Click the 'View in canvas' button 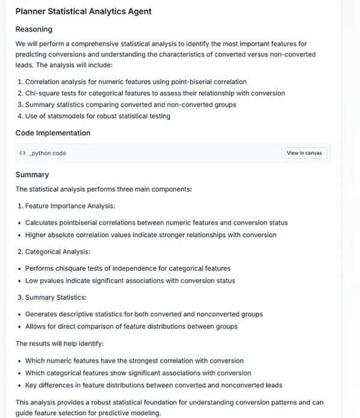click(x=304, y=153)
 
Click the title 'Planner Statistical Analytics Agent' click(x=83, y=11)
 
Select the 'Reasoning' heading click(x=34, y=29)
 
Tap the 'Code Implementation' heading click(x=53, y=133)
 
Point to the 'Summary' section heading click(x=32, y=175)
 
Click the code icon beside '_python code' click(x=22, y=153)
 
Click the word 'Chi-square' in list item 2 click(x=42, y=93)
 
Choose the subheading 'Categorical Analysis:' click(x=58, y=252)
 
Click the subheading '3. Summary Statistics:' click(x=51, y=297)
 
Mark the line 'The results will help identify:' click(x=61, y=344)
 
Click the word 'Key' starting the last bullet click(x=32, y=385)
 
